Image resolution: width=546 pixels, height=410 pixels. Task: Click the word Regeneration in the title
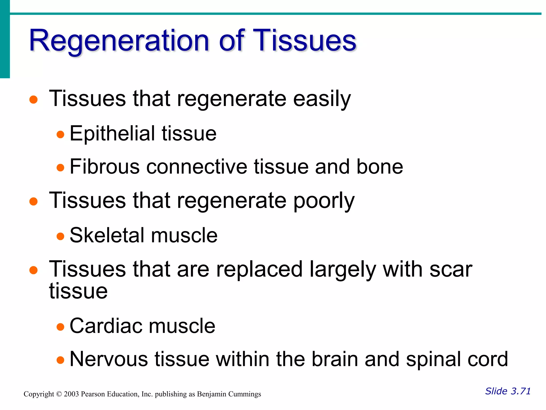click(x=119, y=41)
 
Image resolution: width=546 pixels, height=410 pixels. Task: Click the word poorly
click(x=324, y=201)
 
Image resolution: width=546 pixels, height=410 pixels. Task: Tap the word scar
click(x=451, y=269)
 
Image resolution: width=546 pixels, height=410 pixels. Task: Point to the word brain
click(x=334, y=359)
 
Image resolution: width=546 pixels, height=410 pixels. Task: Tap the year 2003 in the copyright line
click(x=71, y=394)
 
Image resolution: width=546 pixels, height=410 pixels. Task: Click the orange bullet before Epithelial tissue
click(x=61, y=134)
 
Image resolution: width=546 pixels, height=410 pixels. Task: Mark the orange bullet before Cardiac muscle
click(x=61, y=327)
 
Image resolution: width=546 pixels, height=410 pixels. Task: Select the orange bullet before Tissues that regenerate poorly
click(x=33, y=201)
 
